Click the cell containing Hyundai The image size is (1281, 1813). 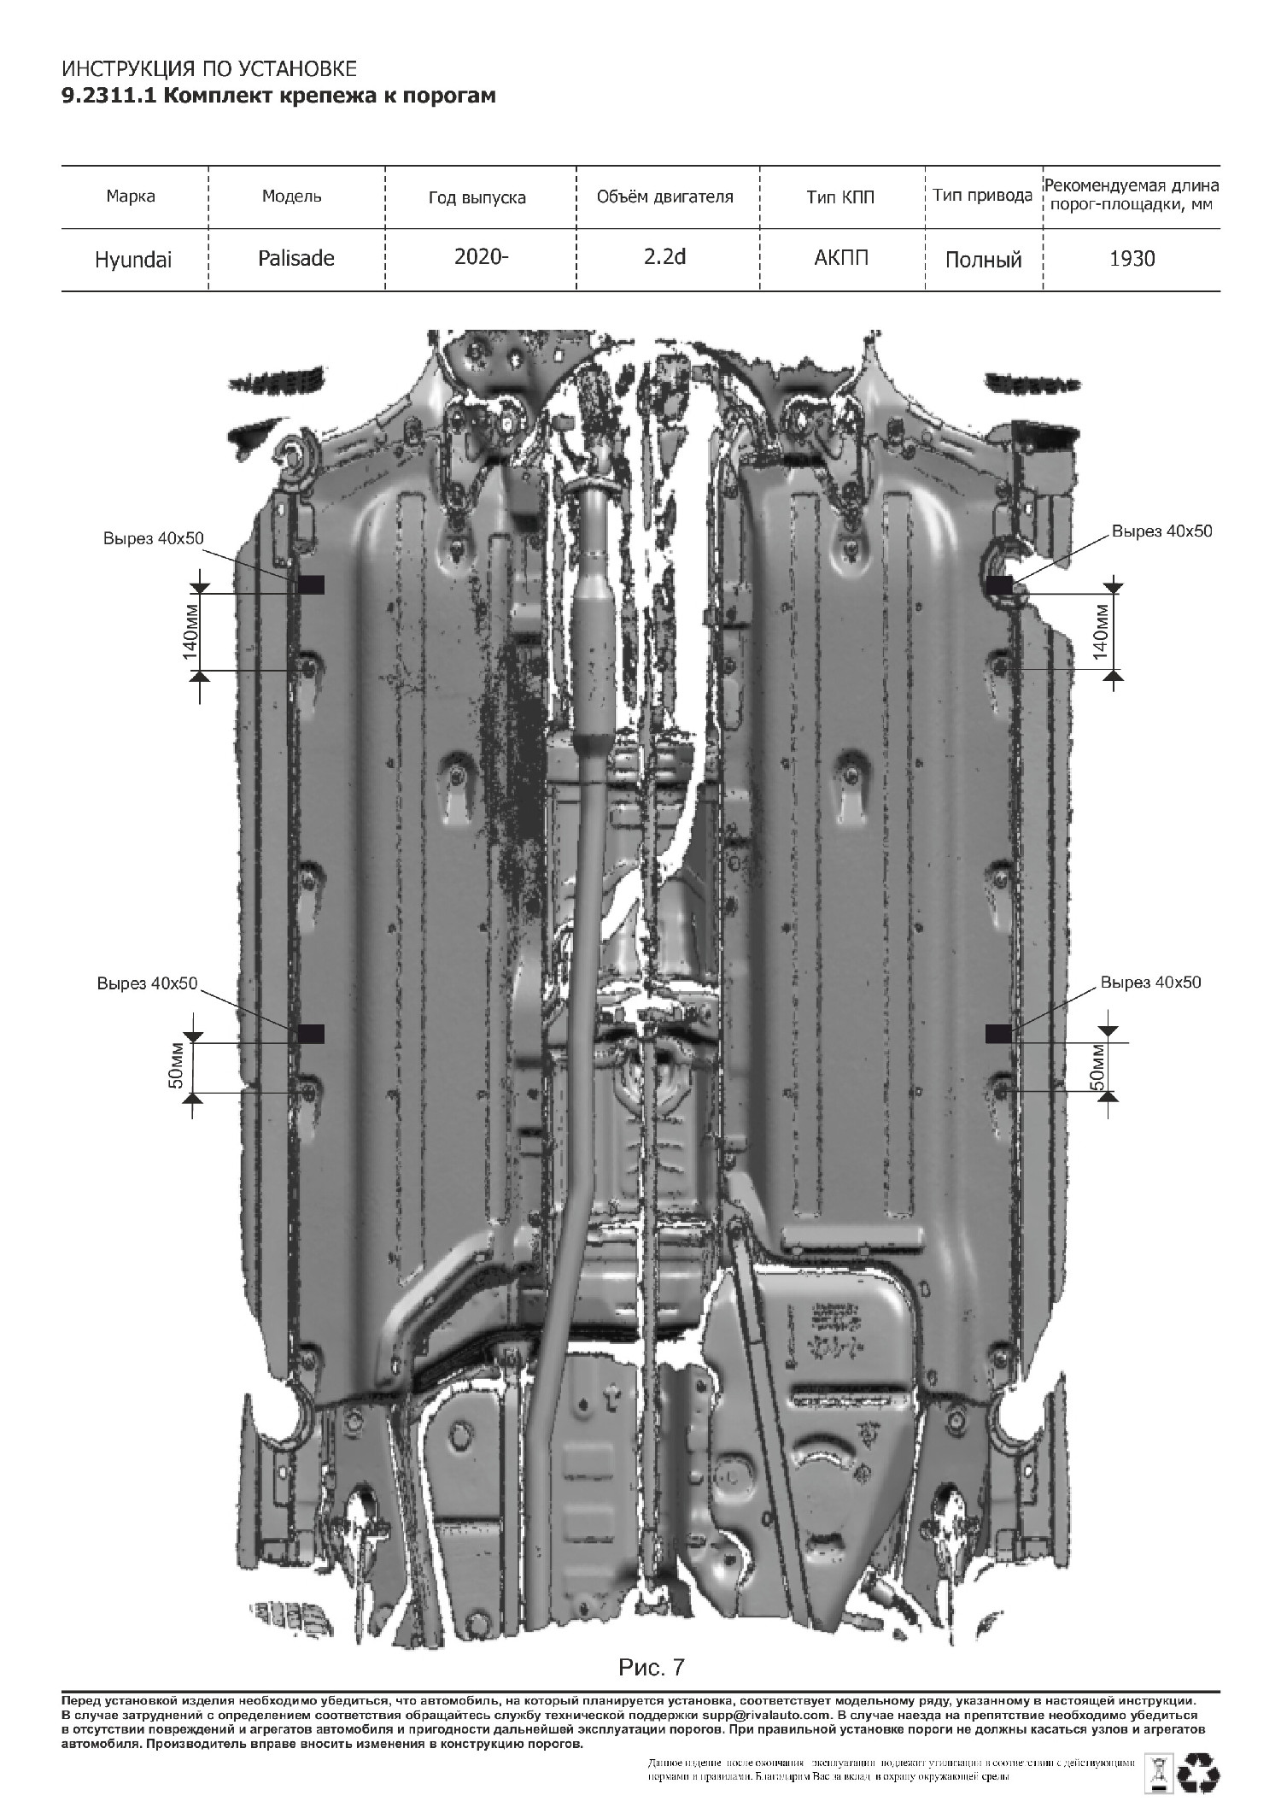tap(133, 260)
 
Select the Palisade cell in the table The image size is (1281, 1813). tap(296, 258)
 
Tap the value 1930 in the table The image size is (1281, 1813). tap(1132, 258)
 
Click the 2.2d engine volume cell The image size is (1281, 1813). tap(665, 256)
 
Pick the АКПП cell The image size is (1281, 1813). tap(841, 257)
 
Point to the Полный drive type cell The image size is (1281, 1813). tap(983, 260)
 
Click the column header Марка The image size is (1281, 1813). tap(131, 197)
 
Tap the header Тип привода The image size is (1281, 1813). tap(982, 196)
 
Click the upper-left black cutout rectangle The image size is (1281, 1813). tap(312, 584)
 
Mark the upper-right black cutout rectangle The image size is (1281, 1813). tap(999, 584)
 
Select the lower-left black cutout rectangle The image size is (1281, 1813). tap(312, 1034)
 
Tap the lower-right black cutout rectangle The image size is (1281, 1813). tap(998, 1034)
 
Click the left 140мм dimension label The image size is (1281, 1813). tap(190, 632)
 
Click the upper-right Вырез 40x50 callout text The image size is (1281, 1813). tap(1161, 531)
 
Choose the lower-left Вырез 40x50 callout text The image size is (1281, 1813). tap(147, 983)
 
